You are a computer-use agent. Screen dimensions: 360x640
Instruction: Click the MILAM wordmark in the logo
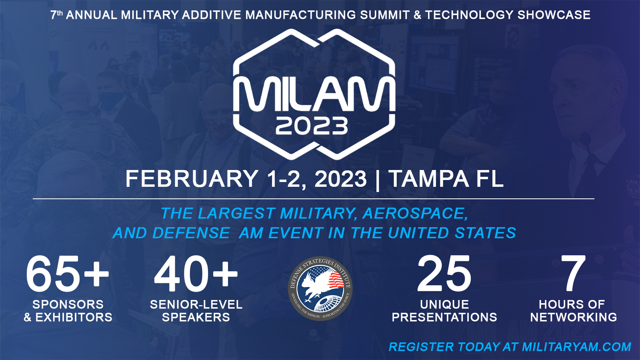[x=314, y=94]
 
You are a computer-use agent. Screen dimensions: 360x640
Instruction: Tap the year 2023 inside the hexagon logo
[x=312, y=126]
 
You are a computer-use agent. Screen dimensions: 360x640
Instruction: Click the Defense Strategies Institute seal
[x=320, y=289]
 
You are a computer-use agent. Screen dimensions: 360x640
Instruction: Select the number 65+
[x=67, y=274]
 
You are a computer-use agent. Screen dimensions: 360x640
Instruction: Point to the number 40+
[x=196, y=274]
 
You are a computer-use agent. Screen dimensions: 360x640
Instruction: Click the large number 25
[x=444, y=274]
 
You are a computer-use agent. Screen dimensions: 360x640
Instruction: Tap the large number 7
[x=573, y=274]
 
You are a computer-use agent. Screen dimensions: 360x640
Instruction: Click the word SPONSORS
[x=68, y=304]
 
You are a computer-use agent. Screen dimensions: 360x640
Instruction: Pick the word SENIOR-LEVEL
[x=196, y=304]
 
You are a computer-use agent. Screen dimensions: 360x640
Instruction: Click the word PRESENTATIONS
[x=444, y=317]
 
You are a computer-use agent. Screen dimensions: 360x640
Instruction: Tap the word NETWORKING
[x=574, y=317]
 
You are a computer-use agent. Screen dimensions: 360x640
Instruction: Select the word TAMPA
[x=428, y=179]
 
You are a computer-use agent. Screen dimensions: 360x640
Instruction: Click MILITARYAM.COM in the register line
[x=576, y=347]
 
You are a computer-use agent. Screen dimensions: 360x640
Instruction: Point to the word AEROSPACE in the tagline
[x=414, y=214]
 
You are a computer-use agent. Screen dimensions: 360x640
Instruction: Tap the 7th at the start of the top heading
[x=56, y=15]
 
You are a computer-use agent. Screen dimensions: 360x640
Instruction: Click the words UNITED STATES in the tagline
[x=452, y=233]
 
